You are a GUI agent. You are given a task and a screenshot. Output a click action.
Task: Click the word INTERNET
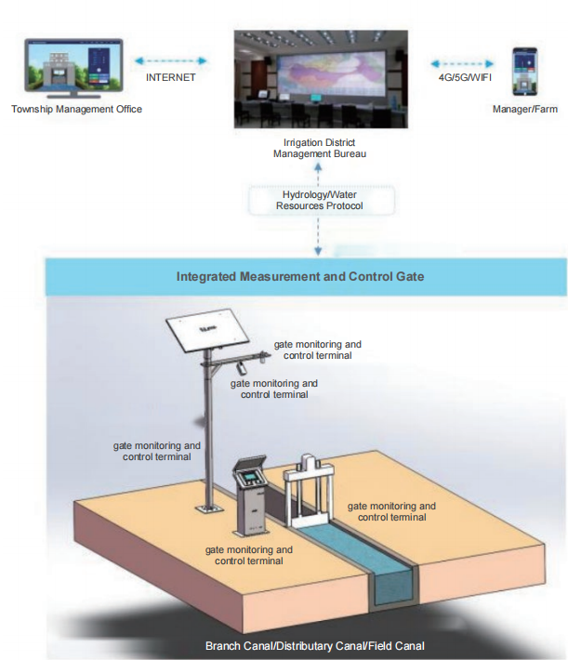tap(170, 78)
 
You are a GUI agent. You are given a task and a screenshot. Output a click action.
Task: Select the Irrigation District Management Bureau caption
tap(319, 148)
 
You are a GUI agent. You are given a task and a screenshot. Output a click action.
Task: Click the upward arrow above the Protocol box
tap(319, 173)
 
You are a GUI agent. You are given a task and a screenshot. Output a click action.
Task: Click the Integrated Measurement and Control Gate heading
tap(300, 277)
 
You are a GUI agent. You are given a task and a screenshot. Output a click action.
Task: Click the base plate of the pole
tap(205, 508)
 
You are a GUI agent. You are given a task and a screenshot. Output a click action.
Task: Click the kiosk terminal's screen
tap(250, 477)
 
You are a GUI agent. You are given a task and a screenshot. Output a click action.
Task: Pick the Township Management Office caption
tap(77, 109)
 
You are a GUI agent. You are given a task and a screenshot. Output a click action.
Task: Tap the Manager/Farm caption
tap(525, 109)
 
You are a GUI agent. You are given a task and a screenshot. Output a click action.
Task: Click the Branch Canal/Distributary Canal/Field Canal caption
tap(315, 645)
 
